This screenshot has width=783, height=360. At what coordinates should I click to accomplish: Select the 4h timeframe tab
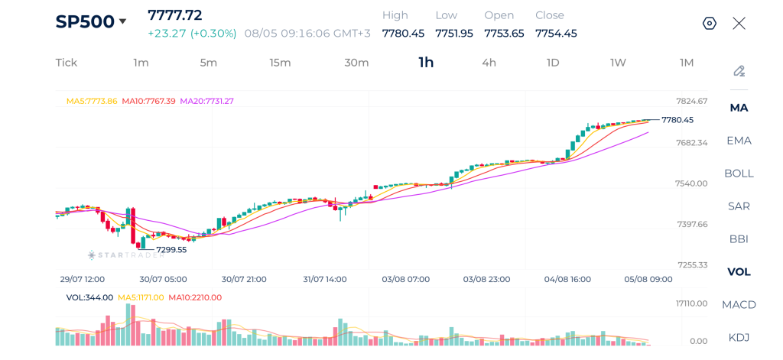coord(489,63)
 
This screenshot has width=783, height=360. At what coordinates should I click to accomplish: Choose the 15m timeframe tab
coord(280,63)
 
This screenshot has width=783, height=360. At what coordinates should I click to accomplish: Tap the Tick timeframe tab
coord(67,63)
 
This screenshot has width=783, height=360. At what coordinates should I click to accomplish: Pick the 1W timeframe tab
coord(618,63)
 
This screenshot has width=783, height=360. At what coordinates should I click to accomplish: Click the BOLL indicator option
coord(739,174)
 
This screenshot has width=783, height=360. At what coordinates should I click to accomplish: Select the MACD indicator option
coord(739,304)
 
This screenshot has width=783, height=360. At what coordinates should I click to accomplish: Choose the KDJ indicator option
coord(739,338)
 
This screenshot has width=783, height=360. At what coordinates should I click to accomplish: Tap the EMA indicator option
coord(739,141)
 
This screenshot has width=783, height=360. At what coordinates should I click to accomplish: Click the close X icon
coord(739,24)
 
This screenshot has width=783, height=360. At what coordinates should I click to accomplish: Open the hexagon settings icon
coord(710,24)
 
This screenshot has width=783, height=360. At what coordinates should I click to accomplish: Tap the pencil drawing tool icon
coord(739,71)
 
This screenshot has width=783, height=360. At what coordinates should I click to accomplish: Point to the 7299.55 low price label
coord(171,250)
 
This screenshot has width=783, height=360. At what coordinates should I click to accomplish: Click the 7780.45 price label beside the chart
coord(677,120)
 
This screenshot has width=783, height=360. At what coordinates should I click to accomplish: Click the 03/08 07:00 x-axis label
coord(405,279)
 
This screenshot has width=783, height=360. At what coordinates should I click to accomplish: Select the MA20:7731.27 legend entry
coord(206,101)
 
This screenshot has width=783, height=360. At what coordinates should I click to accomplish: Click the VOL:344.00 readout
coord(90,297)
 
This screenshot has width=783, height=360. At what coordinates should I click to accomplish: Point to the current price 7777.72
coord(175,15)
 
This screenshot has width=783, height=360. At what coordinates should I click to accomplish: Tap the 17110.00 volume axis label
coord(691,303)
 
